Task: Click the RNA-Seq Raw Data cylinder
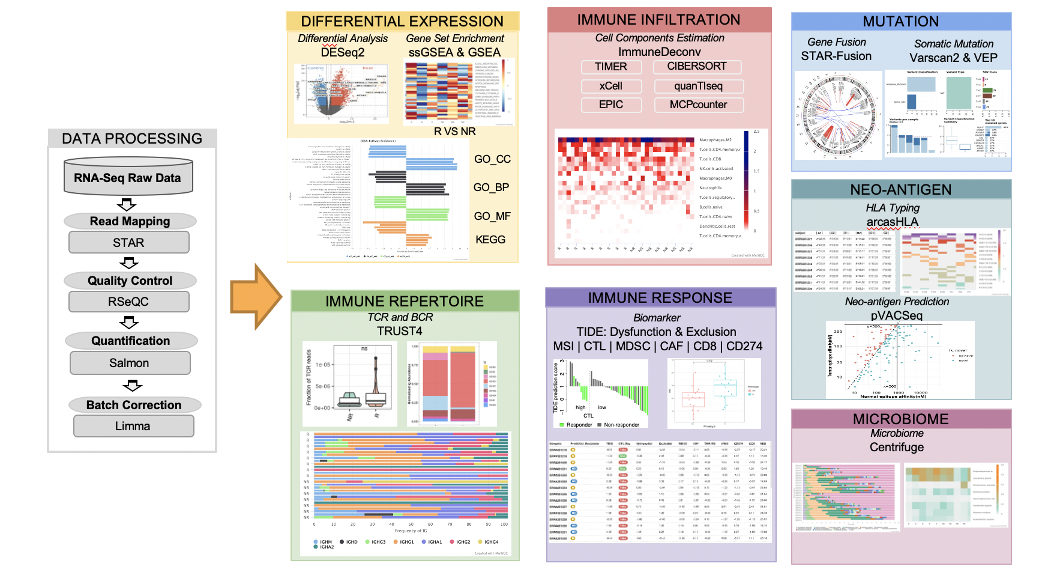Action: pos(128,177)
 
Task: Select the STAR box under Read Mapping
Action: pos(128,243)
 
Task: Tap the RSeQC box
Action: pos(128,302)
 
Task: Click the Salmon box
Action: pos(130,363)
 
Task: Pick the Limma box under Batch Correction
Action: pos(133,426)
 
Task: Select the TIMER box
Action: pos(611,67)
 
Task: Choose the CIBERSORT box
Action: pos(697,67)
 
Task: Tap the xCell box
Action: pos(611,86)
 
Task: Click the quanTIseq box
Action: pos(698,86)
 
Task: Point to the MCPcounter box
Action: pos(698,105)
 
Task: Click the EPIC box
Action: pos(611,105)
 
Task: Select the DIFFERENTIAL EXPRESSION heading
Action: pos(402,22)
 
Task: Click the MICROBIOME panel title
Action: pos(901,419)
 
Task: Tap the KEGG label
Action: pos(490,240)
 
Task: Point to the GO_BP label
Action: pos(491,187)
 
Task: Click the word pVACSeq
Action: pos(897,315)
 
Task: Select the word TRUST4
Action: pos(400,331)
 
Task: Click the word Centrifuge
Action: pos(897,447)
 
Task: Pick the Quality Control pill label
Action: pos(130,281)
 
